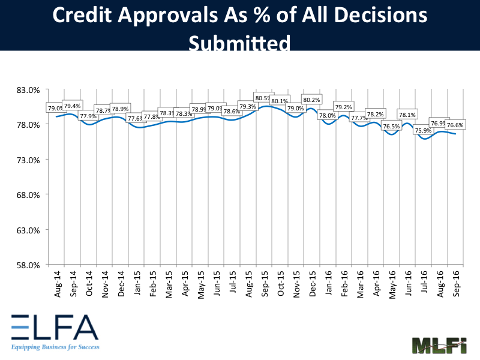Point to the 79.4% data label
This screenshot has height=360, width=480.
click(x=72, y=106)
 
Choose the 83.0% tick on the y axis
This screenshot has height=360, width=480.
click(x=28, y=90)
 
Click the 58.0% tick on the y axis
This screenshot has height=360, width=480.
click(x=28, y=265)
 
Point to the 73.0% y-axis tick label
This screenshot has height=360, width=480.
click(x=28, y=160)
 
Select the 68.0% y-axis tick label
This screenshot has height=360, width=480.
click(x=28, y=195)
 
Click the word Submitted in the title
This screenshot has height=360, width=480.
click(x=239, y=43)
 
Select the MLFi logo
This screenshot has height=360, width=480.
click(x=439, y=346)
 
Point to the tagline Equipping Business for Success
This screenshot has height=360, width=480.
click(x=54, y=347)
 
